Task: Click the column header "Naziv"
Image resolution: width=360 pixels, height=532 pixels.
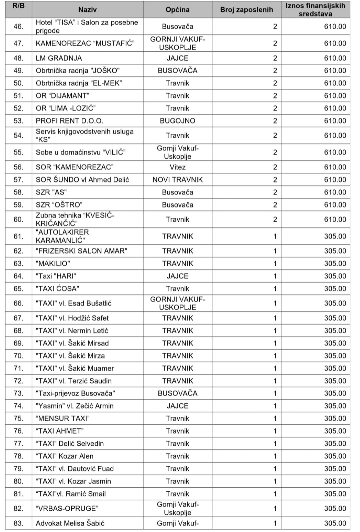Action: click(87, 10)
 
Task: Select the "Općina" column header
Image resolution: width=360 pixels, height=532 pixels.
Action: click(177, 10)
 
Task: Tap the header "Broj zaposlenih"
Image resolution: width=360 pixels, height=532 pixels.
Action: click(246, 10)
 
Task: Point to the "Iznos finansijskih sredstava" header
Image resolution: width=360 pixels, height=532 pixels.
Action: click(315, 10)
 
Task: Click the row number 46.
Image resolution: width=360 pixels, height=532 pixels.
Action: click(18, 27)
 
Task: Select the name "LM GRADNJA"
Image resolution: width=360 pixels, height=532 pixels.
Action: click(59, 58)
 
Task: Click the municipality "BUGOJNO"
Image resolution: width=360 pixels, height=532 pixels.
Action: click(177, 121)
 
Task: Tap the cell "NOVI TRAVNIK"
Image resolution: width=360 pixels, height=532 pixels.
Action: click(177, 180)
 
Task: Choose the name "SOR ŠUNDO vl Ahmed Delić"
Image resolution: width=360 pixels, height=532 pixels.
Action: click(82, 180)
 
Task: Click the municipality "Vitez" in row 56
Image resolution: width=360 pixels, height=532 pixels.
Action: click(177, 167)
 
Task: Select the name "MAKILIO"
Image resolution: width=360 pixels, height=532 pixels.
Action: click(53, 263)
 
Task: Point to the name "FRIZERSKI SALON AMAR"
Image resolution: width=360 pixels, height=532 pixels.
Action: click(82, 251)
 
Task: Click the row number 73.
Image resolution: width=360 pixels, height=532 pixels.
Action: click(18, 393)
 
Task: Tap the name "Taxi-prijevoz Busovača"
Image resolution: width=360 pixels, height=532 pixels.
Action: click(75, 393)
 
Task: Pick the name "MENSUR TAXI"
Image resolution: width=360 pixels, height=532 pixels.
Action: click(63, 419)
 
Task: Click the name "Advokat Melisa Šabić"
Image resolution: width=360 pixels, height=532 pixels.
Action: click(70, 523)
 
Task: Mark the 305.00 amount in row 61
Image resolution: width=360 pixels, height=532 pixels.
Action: click(335, 236)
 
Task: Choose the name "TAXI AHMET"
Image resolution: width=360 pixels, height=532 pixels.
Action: click(60, 431)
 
